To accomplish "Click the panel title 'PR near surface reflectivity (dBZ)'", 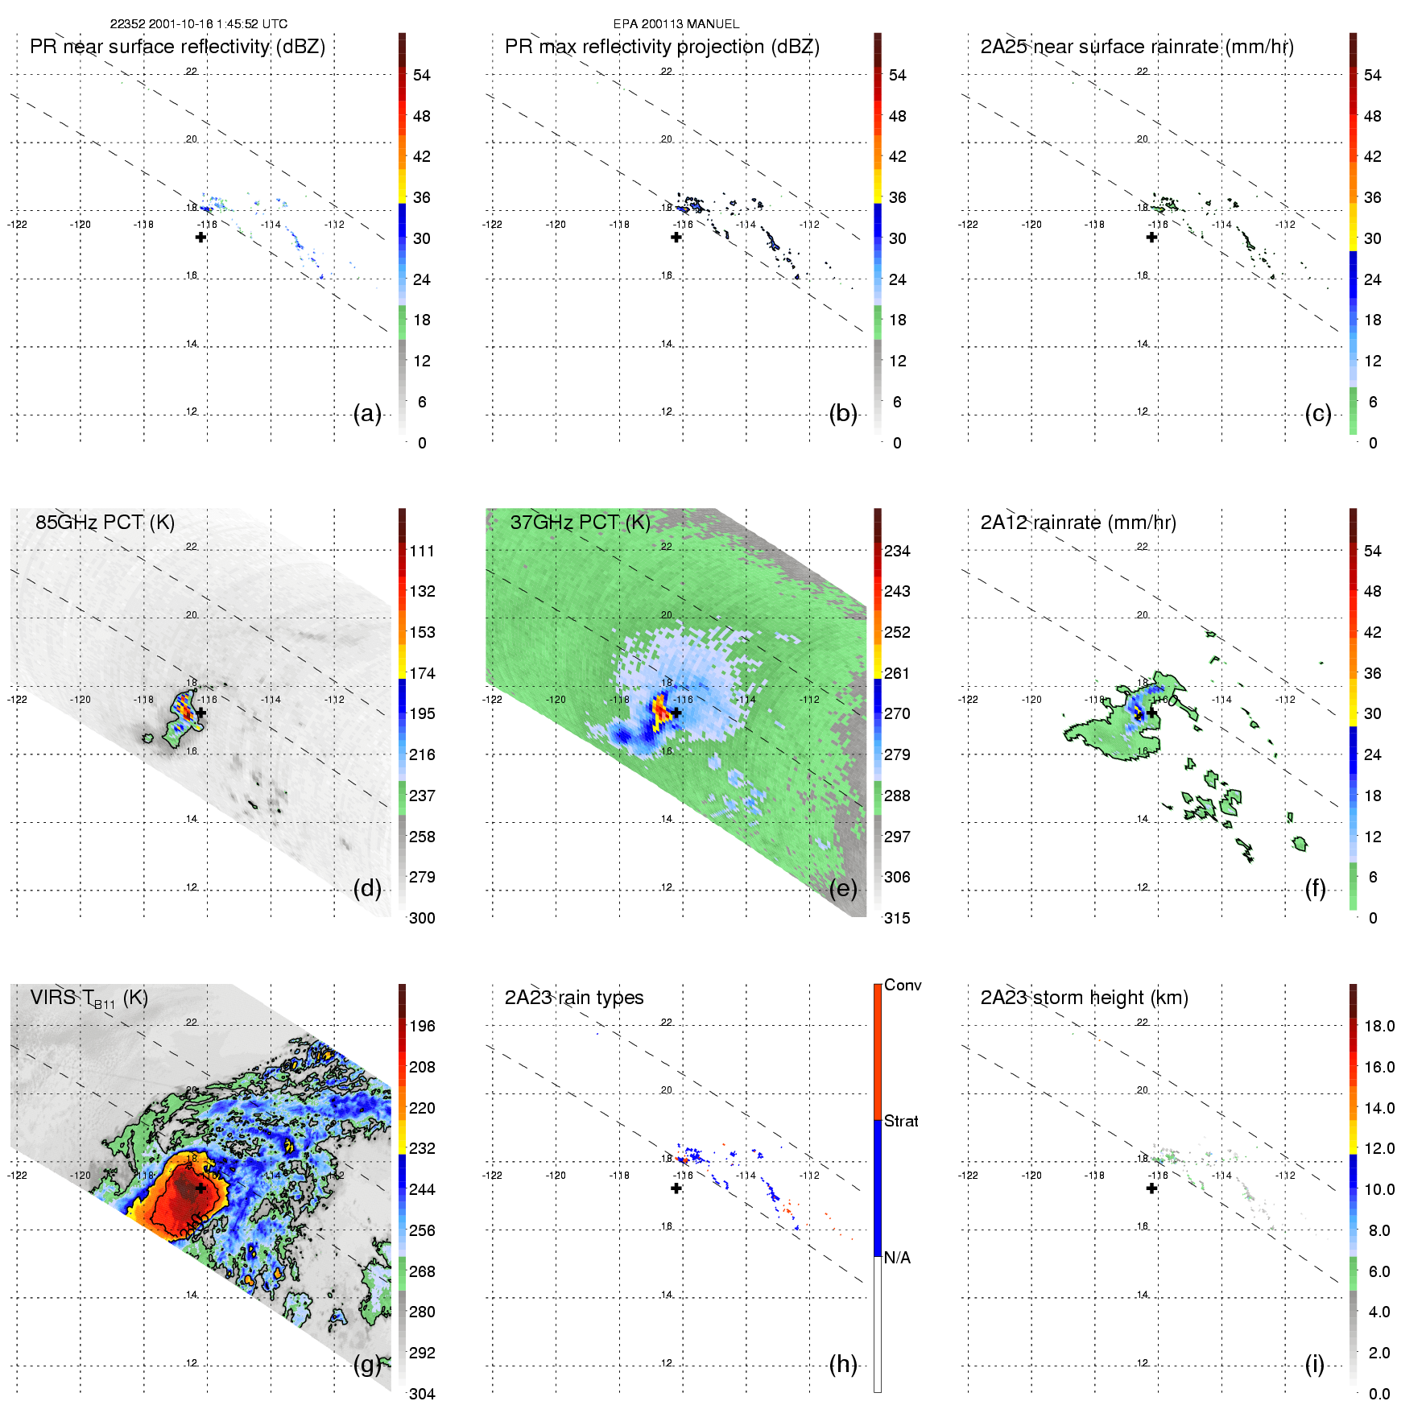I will coord(177,47).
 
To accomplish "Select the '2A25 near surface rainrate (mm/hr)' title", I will coord(1136,47).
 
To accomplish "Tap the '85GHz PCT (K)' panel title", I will coord(105,523).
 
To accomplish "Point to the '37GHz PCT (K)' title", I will coord(580,523).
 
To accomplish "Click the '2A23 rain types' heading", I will coord(573,998).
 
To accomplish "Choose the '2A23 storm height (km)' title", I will coord(1084,998).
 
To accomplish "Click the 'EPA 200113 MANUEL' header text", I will coord(676,24).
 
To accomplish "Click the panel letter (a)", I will coord(367,413).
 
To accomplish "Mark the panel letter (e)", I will coord(843,888).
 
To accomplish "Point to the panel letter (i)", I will coord(1314,1364).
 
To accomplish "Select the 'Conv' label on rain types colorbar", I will coord(902,985).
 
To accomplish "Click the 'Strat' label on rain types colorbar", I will coord(901,1121).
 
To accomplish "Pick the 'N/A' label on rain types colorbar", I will coord(896,1258).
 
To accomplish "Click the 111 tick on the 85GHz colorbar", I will coord(422,551).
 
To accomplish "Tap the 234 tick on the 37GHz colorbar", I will coord(897,551).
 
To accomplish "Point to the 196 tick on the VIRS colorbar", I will coord(422,1026).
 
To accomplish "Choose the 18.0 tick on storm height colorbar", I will coord(1378,1026).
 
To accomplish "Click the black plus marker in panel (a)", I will coord(200,237).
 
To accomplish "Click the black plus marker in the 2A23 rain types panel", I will coord(676,1188).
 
